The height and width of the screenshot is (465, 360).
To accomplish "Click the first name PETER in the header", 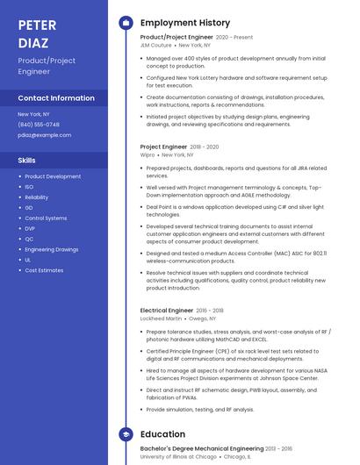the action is (37, 24).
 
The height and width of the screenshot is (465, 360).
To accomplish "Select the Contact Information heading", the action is (56, 98).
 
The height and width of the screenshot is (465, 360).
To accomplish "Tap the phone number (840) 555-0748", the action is (39, 125).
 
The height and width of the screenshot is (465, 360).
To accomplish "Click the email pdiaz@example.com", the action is (45, 135).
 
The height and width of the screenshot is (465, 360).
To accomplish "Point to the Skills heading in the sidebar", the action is (27, 160).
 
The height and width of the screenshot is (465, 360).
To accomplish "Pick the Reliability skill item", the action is (37, 197).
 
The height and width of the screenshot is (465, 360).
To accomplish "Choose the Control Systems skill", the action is (46, 218).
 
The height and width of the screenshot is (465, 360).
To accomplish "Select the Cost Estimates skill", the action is (44, 270).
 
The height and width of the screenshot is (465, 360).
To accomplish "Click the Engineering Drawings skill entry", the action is (51, 249).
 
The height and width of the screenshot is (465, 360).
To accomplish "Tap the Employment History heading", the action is (185, 23).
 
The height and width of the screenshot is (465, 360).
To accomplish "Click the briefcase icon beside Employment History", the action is (126, 23).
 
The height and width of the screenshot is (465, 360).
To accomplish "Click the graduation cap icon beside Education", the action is (126, 434).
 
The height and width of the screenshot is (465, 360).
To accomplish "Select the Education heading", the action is (162, 434).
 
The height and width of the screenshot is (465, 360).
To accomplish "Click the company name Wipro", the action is (147, 154).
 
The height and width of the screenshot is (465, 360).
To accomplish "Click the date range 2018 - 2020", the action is (205, 147).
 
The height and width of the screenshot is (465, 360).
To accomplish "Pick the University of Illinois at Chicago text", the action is (178, 457).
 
